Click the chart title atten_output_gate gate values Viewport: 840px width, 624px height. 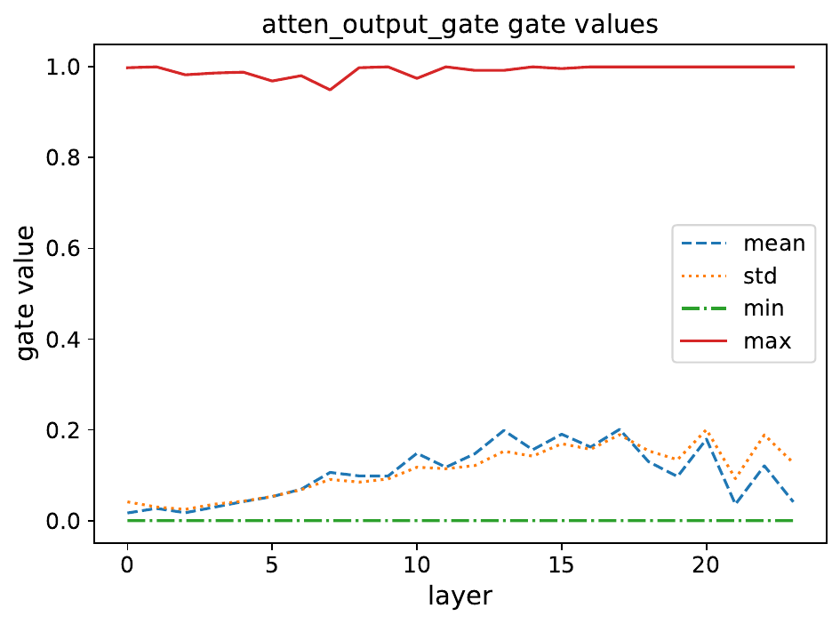[460, 24]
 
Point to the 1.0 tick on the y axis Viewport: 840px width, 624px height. [65, 68]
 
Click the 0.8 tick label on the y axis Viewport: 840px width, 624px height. [65, 158]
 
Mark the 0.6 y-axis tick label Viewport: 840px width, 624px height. [65, 249]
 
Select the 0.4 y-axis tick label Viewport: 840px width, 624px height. [65, 340]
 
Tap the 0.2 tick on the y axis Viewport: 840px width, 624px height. [65, 430]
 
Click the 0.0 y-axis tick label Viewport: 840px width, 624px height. [65, 521]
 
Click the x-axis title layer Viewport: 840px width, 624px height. [460, 596]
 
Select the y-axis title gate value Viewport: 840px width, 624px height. [28, 293]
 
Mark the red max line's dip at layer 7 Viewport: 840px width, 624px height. [330, 90]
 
